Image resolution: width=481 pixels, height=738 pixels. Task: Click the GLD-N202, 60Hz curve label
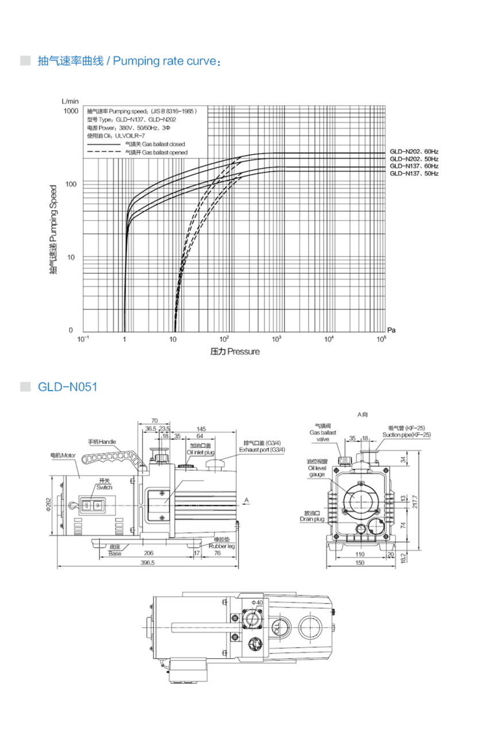pos(414,152)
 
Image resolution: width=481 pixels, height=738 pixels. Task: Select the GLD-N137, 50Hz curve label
pos(414,173)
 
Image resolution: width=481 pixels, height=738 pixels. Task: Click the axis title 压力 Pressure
pos(234,351)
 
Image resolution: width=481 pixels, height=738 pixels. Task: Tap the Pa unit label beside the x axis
pos(391,330)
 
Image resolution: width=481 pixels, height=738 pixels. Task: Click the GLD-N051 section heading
pos(67,387)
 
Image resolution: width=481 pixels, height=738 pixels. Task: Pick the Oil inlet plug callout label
pos(200,449)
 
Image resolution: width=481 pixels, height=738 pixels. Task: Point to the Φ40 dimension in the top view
pos(256,602)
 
